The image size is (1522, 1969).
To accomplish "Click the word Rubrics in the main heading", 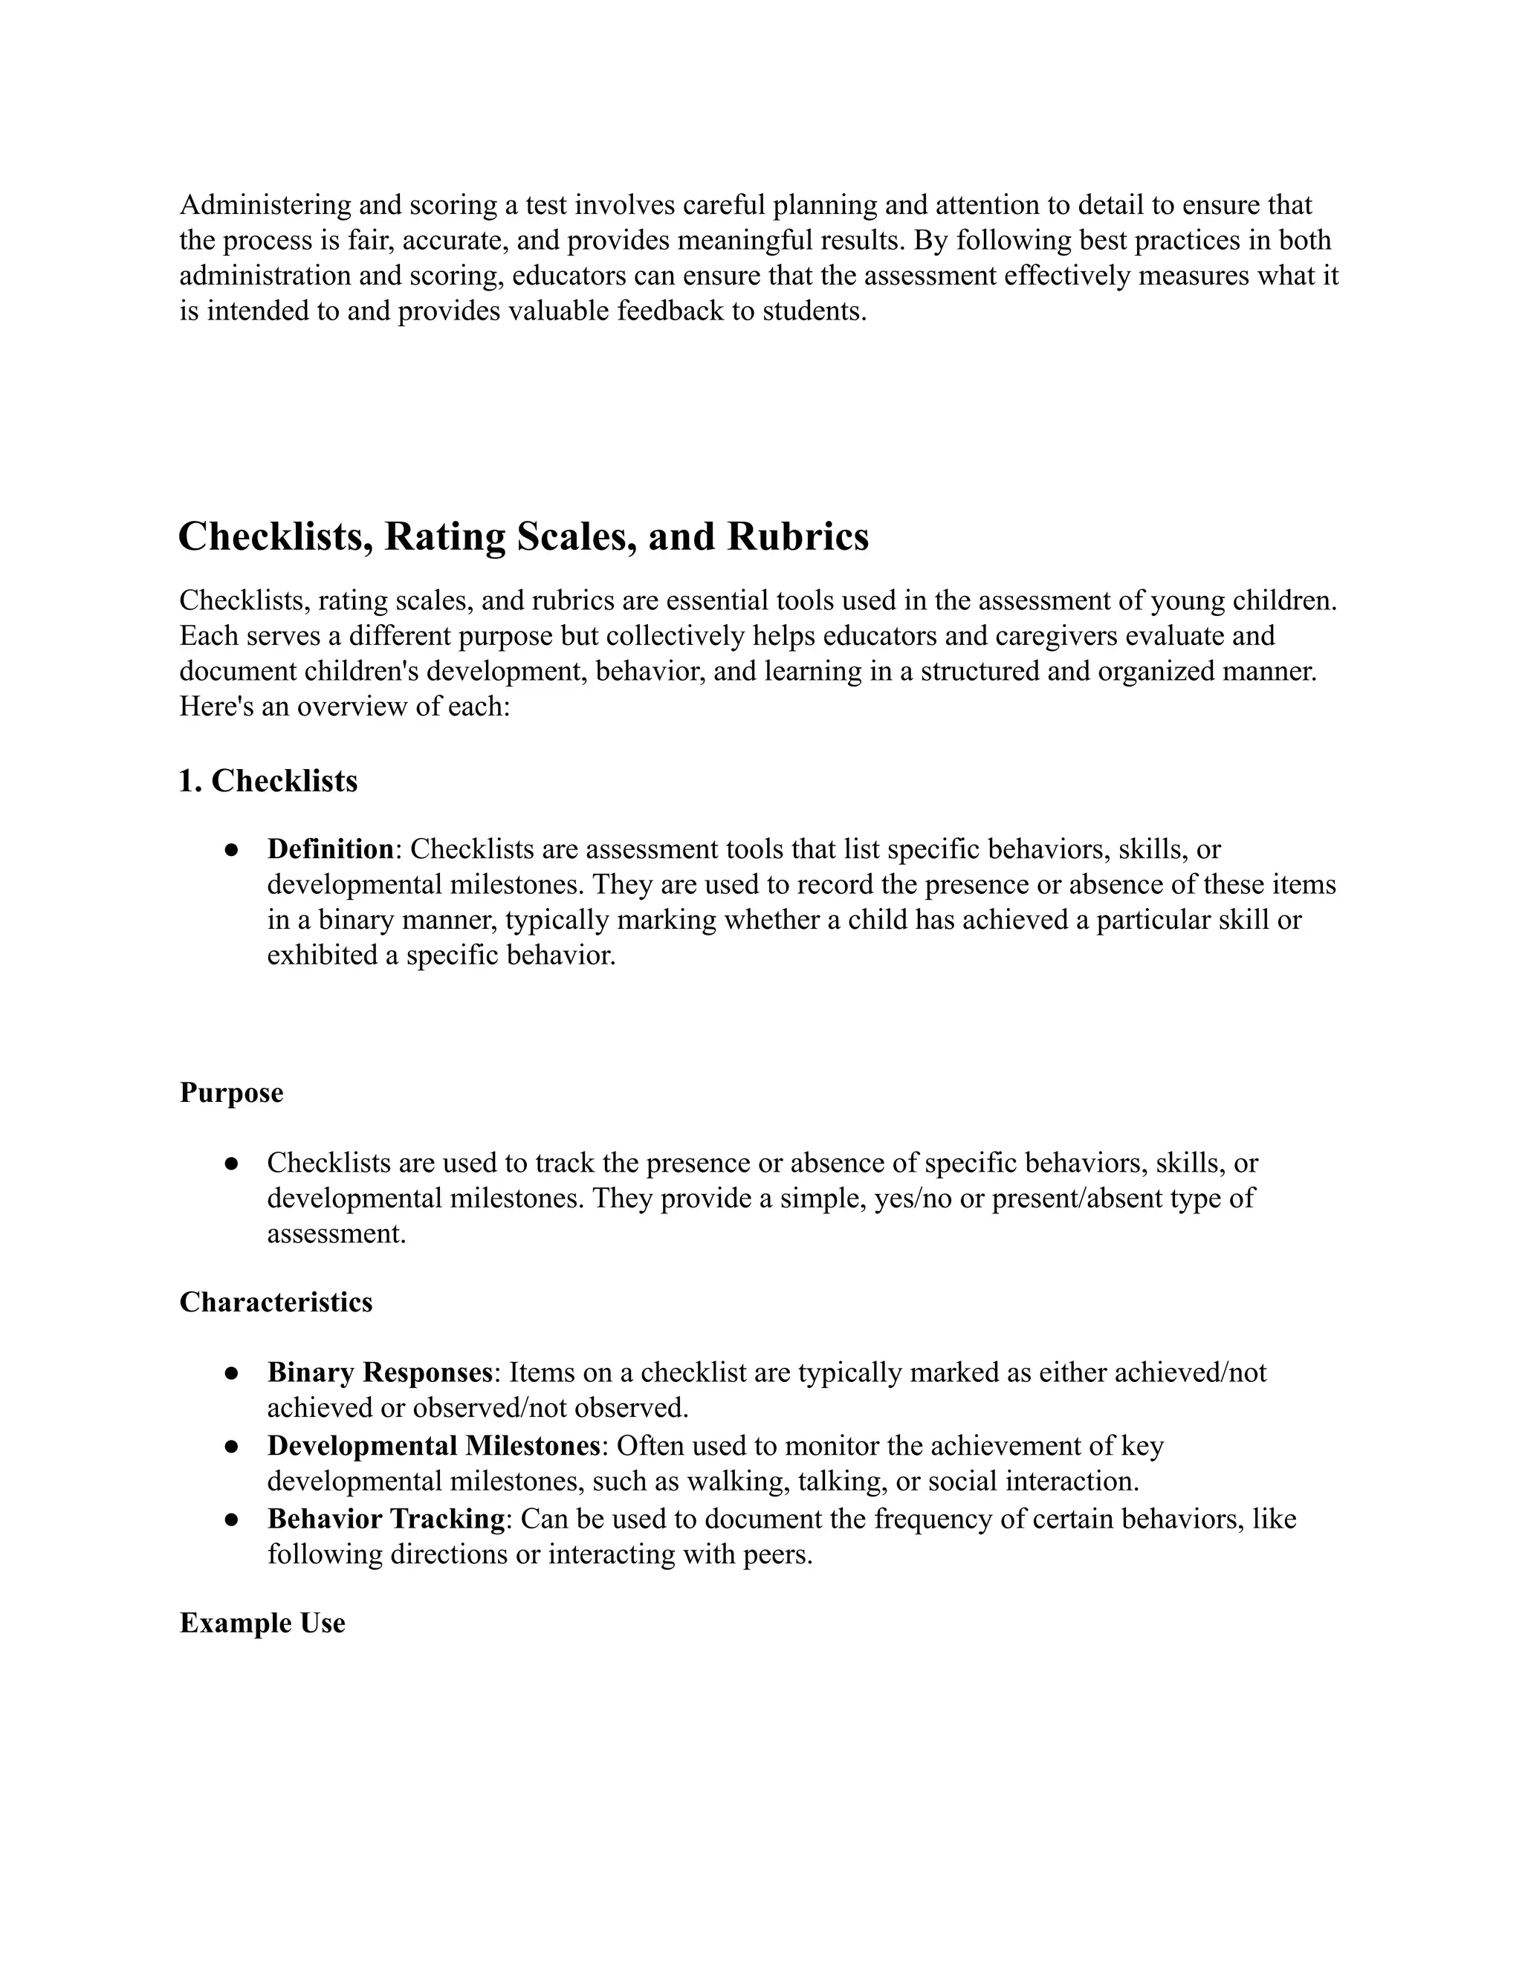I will point(797,536).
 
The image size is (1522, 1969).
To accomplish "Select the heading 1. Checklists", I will point(268,781).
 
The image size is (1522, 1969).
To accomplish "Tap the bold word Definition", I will point(330,849).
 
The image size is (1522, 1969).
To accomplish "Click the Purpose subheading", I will point(231,1093).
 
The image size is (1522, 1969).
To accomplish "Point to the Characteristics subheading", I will point(276,1303).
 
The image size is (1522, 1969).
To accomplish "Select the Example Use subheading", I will point(262,1623).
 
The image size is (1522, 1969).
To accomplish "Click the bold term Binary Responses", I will point(380,1373).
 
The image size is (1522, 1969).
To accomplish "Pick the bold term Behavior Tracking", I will point(386,1519).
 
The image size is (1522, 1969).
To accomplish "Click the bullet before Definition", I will point(232,850).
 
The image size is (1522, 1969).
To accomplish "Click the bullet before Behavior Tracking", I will point(232,1520).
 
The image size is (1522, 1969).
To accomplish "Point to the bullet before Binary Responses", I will point(232,1374).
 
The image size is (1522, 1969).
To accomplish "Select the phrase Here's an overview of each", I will point(344,707).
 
